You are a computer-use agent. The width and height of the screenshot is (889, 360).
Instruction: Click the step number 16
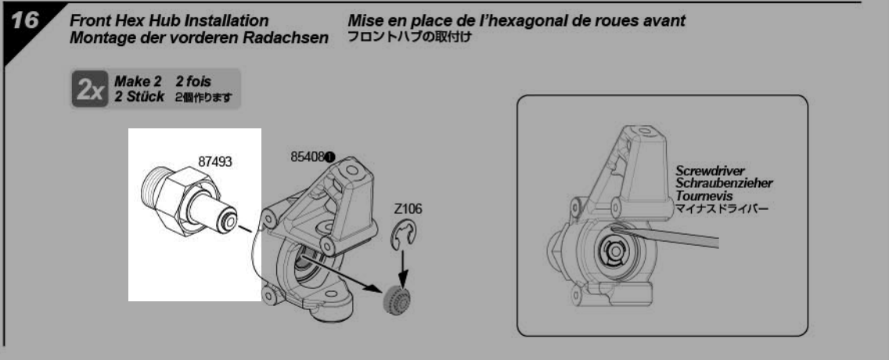23,22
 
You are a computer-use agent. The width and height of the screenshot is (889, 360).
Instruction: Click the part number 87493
215,161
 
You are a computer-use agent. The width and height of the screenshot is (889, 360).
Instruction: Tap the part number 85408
308,157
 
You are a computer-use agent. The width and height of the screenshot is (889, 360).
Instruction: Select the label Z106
408,210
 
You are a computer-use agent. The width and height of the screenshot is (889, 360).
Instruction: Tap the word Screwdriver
710,171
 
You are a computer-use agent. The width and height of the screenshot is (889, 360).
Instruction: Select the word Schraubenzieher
724,183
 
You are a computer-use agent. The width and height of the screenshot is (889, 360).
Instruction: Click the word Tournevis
704,196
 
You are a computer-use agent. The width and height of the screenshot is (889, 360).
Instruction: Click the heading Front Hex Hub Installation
169,22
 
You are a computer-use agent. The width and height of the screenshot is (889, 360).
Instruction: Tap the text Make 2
134,82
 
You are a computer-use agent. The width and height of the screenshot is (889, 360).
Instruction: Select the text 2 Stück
139,97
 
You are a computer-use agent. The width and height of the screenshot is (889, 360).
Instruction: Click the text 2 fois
193,82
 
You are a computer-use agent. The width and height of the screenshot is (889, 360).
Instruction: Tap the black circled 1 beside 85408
330,156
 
